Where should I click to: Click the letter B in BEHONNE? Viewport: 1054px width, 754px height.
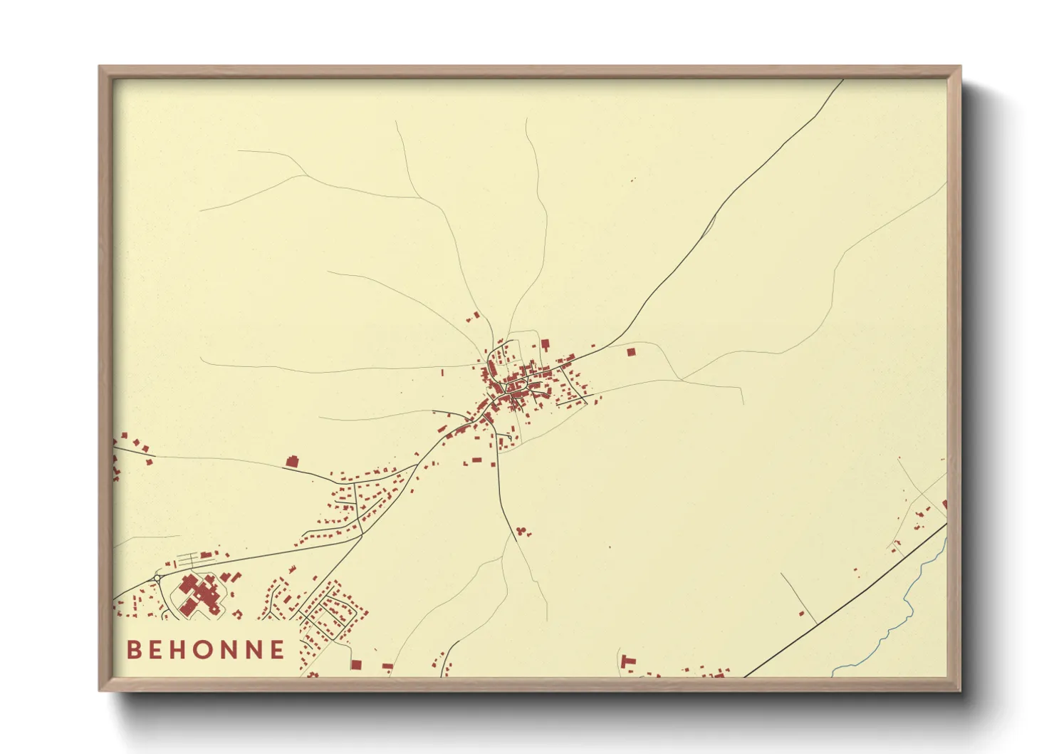point(133,650)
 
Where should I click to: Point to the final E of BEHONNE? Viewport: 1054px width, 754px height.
point(277,650)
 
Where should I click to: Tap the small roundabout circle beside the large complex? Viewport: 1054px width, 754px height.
point(158,577)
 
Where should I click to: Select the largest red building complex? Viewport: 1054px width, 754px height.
point(200,595)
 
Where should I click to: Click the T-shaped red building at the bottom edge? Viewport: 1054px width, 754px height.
point(627,661)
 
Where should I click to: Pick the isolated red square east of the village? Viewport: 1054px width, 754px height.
point(631,351)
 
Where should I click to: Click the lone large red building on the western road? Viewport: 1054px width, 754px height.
point(291,462)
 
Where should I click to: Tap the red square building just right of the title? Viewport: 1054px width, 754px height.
point(356,664)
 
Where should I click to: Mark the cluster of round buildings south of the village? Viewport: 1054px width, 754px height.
point(523,531)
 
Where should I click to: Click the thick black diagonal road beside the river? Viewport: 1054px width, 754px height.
point(847,601)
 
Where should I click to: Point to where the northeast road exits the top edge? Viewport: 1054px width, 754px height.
point(842,80)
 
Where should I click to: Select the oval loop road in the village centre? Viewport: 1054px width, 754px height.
point(518,386)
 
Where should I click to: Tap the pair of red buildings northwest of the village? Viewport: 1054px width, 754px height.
point(473,316)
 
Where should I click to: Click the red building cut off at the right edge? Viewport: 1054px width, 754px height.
point(944,505)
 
